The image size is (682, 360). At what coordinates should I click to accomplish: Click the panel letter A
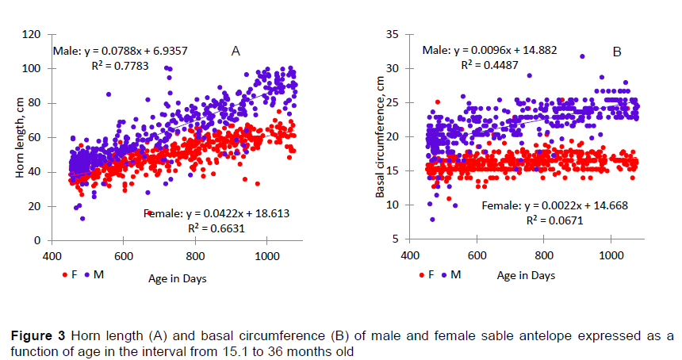click(236, 52)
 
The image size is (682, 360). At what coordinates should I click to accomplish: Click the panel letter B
click(616, 52)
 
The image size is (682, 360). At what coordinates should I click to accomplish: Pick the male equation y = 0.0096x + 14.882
click(489, 50)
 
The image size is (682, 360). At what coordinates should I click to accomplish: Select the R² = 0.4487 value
click(489, 65)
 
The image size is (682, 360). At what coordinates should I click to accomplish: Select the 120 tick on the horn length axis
click(33, 35)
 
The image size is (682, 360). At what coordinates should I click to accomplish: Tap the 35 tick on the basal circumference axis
click(393, 35)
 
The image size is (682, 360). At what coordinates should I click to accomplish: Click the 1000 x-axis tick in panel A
click(266, 257)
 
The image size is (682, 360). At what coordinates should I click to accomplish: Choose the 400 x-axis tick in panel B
click(409, 257)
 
